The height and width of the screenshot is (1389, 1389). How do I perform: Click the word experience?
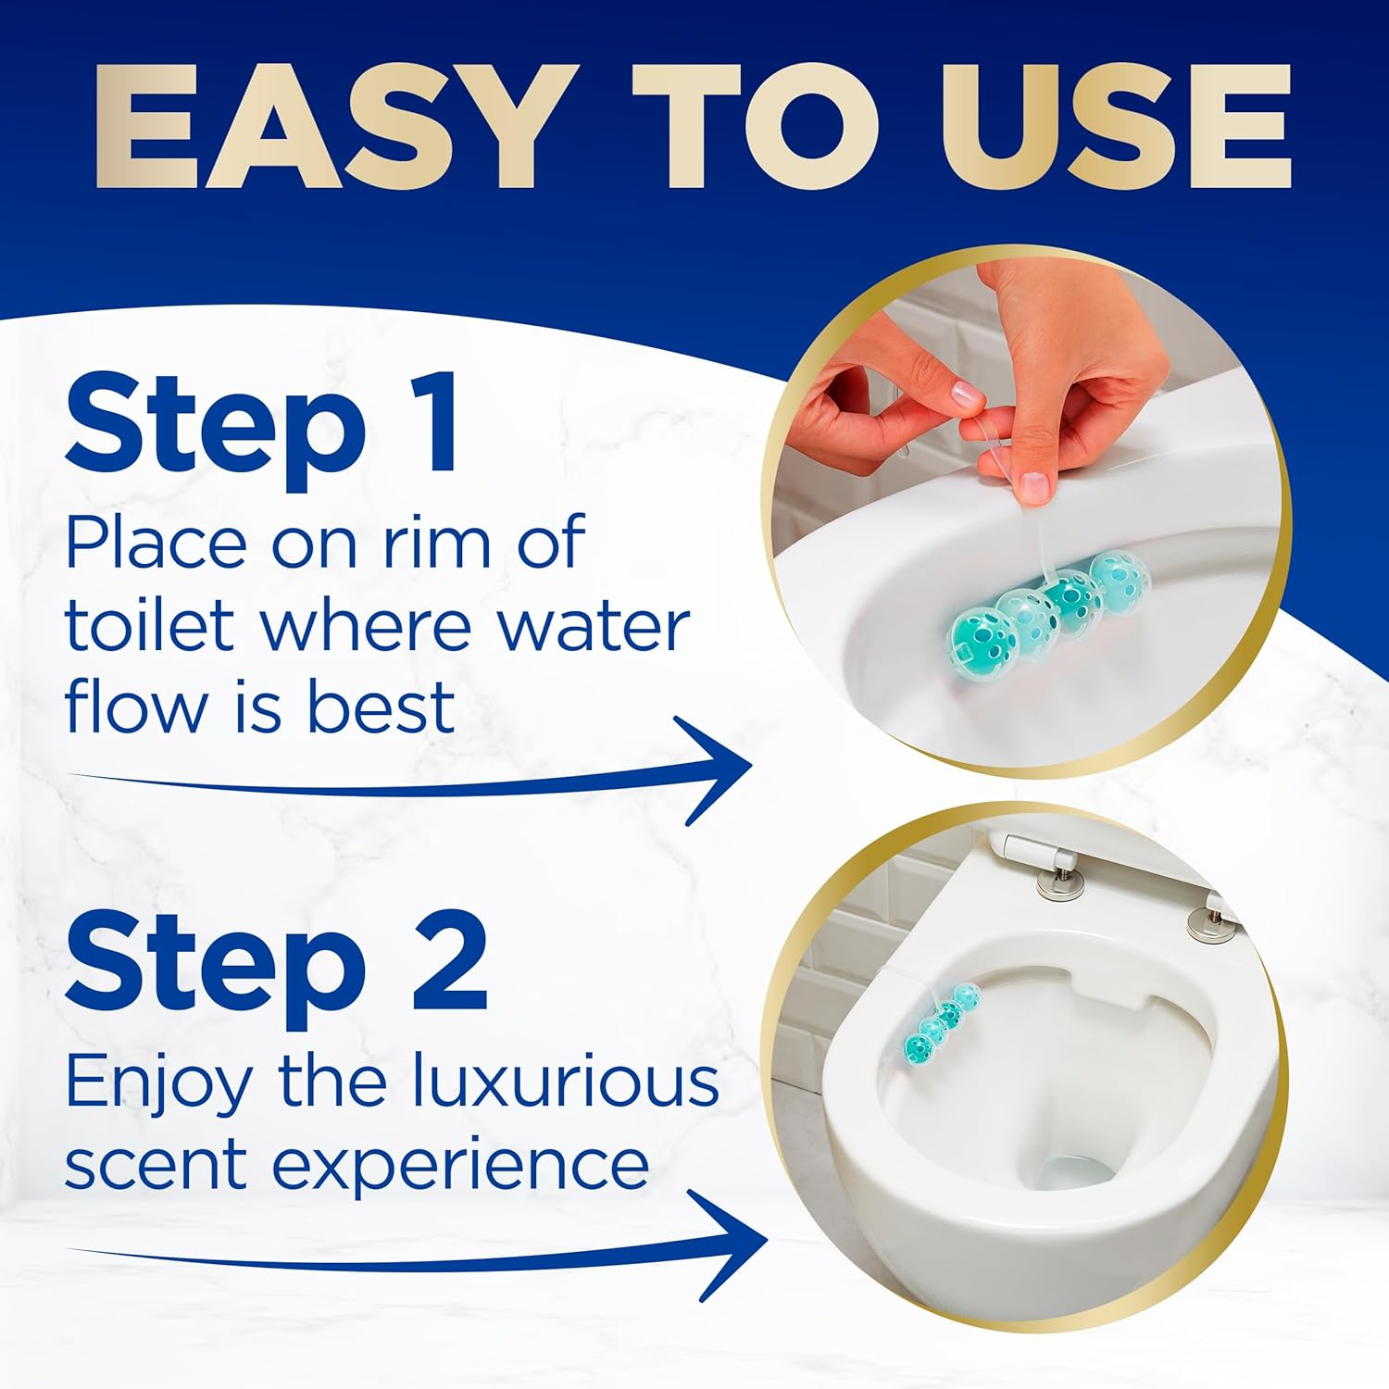point(460,1167)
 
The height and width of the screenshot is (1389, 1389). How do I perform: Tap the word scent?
point(158,1167)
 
